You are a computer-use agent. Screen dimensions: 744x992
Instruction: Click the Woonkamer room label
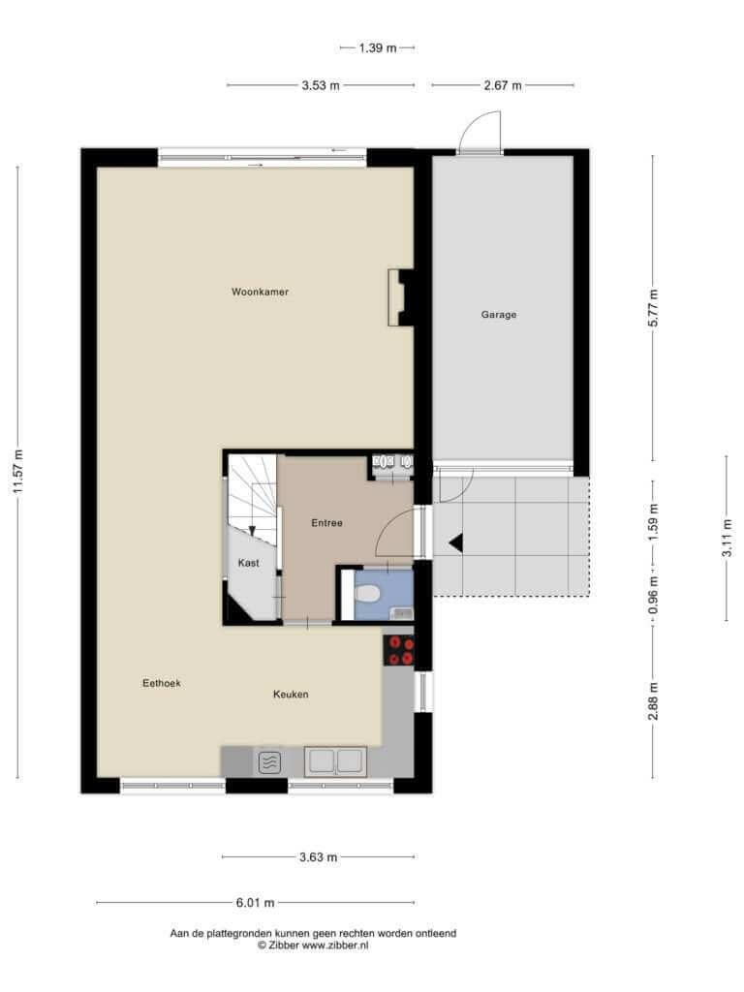coord(260,292)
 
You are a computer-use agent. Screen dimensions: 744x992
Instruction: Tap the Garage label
coord(499,314)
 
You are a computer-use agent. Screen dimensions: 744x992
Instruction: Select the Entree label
coord(326,522)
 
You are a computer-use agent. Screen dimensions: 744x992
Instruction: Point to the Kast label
coord(248,563)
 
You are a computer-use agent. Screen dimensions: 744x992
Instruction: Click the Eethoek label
coord(162,683)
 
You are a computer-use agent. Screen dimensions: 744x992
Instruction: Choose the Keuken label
coord(291,694)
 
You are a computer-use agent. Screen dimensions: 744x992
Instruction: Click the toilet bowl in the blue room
coord(367,594)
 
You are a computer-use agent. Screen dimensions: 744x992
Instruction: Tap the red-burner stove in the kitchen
coord(399,650)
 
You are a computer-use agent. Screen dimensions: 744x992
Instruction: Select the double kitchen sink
coord(335,761)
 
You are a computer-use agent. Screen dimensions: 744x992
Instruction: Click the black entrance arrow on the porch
coord(456,542)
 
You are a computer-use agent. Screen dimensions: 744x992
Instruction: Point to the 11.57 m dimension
coord(17,472)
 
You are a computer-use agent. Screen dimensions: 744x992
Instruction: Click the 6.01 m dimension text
coord(255,902)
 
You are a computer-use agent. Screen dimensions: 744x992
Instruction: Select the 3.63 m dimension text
coord(318,857)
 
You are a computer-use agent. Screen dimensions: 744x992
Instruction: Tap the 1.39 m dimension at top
coord(378,47)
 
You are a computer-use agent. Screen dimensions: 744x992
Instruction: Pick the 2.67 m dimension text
coord(503,85)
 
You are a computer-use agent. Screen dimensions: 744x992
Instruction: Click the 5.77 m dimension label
coord(654,307)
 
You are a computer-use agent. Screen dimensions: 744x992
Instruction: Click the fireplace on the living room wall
coord(400,298)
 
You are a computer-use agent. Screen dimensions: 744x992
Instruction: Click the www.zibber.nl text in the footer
coord(334,945)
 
